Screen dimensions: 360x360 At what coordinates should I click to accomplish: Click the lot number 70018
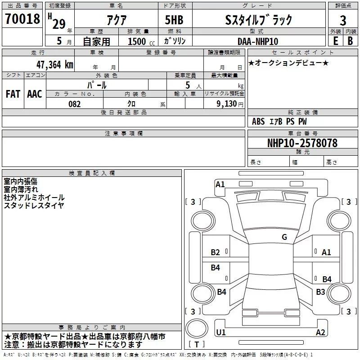(22, 19)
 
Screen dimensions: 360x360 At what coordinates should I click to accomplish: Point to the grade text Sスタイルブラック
(258, 20)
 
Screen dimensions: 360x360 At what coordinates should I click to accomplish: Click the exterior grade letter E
(335, 41)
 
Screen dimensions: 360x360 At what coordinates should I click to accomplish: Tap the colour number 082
(75, 104)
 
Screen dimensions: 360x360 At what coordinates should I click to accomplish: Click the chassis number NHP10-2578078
(302, 143)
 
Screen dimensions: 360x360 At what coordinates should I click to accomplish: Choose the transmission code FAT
(13, 94)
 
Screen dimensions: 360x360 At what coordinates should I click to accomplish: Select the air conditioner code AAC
(35, 94)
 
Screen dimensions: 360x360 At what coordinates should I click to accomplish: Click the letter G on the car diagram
(284, 237)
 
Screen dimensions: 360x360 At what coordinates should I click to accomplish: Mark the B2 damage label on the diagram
(216, 252)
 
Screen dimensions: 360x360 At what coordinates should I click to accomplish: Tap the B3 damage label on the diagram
(320, 292)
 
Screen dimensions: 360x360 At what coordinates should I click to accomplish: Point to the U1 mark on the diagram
(220, 332)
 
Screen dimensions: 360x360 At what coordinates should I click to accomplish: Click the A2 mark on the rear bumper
(320, 333)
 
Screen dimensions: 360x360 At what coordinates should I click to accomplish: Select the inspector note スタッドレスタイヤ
(34, 206)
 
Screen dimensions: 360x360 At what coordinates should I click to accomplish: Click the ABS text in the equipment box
(258, 121)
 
